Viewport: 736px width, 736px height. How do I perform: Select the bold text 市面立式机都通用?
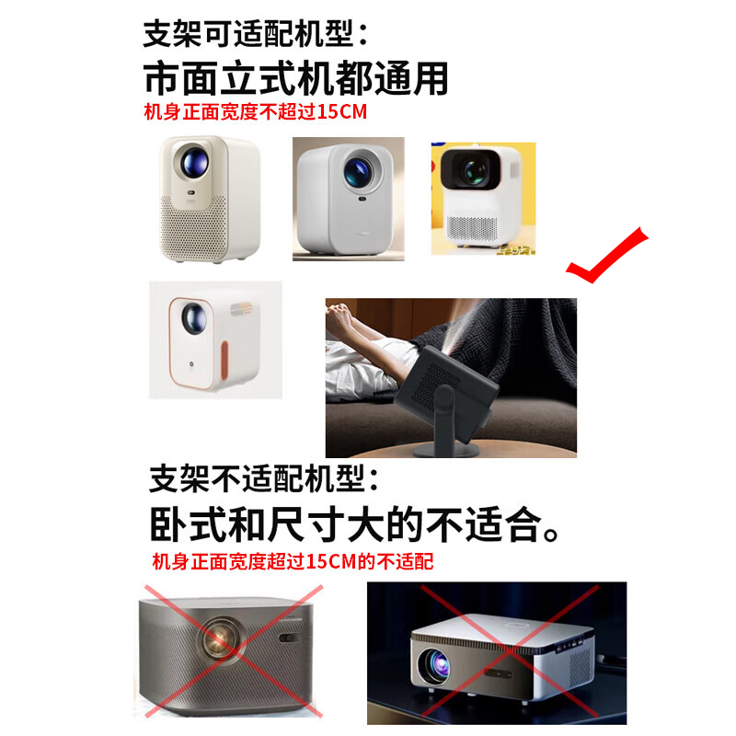295,78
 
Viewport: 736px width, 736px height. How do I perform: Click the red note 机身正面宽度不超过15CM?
256,112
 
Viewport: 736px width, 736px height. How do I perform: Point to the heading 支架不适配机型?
263,478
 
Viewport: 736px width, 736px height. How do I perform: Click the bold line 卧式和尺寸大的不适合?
354,524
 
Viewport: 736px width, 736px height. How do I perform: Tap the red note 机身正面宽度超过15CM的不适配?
293,562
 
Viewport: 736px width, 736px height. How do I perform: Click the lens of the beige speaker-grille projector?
195,162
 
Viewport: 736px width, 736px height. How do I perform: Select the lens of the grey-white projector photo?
357,171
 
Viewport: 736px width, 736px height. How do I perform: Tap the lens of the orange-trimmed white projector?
193,317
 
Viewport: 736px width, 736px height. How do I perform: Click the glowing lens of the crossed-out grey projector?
218,638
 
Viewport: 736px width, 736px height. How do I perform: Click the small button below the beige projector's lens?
191,192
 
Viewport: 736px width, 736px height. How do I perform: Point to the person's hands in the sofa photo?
341,311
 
